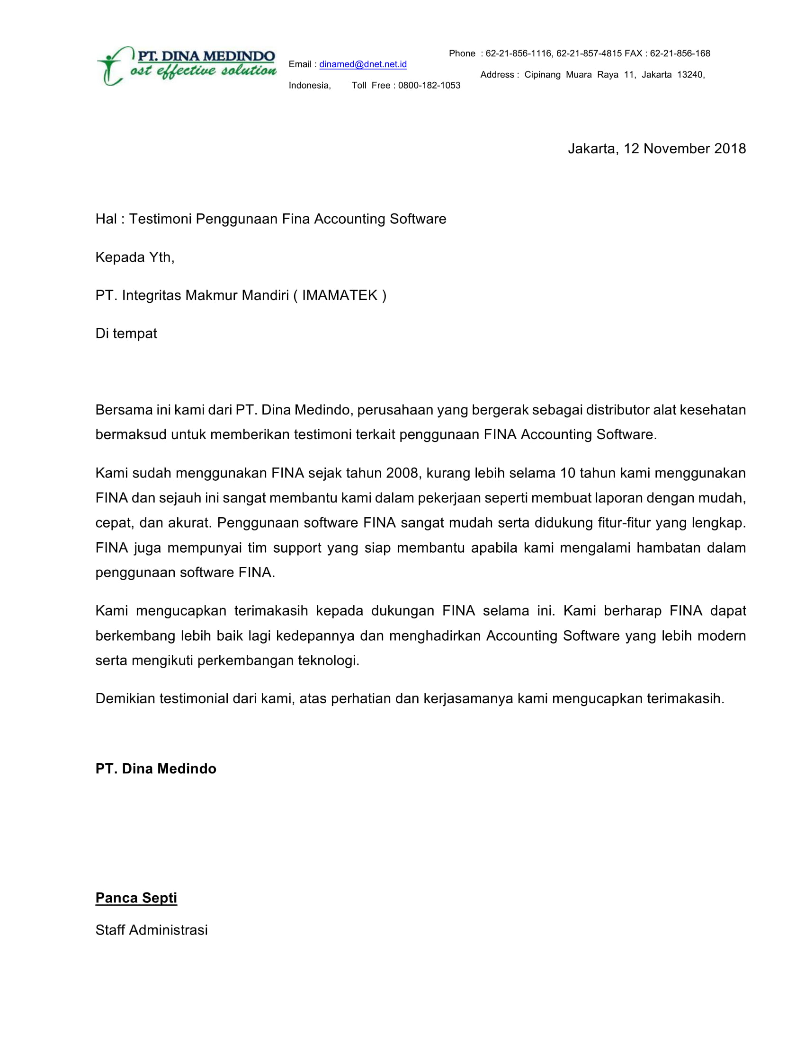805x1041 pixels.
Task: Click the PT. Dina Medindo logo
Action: [186, 66]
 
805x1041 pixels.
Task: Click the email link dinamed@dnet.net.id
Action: [362, 64]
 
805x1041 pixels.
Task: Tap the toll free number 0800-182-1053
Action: [429, 85]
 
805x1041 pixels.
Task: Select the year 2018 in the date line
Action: [730, 149]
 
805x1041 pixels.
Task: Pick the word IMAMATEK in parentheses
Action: [340, 296]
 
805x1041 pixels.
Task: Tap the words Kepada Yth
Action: [134, 257]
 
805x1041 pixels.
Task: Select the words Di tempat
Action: [126, 334]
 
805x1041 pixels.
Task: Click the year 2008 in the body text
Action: [402, 473]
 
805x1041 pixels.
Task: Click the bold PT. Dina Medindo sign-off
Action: [155, 769]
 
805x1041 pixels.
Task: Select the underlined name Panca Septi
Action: [136, 898]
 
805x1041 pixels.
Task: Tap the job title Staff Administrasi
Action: [151, 930]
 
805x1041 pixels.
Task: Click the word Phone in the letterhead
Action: [462, 53]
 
